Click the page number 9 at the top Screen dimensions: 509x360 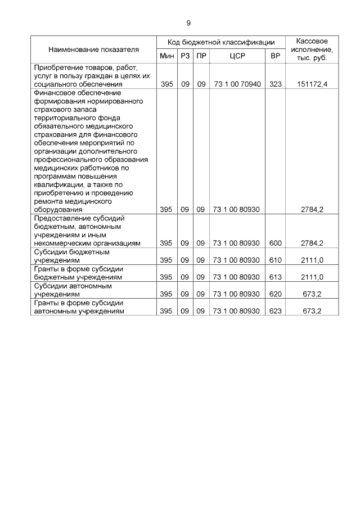(188, 23)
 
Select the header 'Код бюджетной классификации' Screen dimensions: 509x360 (221, 42)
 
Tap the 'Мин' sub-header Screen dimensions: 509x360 (166, 56)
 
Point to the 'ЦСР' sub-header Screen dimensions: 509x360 (236, 56)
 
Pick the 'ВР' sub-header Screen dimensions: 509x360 (275, 56)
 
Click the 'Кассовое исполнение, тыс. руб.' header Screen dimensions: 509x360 (312, 49)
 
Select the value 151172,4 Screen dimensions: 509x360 (312, 84)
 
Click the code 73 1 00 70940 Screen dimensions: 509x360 (236, 84)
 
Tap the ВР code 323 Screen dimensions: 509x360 (275, 84)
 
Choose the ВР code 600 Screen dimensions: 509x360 (275, 243)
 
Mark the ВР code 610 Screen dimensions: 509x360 (275, 260)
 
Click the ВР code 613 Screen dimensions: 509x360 (275, 277)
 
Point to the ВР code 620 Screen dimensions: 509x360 (275, 294)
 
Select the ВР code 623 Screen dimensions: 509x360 (275, 311)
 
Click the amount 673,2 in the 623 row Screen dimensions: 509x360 (312, 311)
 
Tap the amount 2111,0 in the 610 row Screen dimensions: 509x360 (312, 260)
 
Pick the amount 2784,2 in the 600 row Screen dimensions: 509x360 (312, 243)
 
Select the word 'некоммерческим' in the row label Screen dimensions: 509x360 (62, 243)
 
